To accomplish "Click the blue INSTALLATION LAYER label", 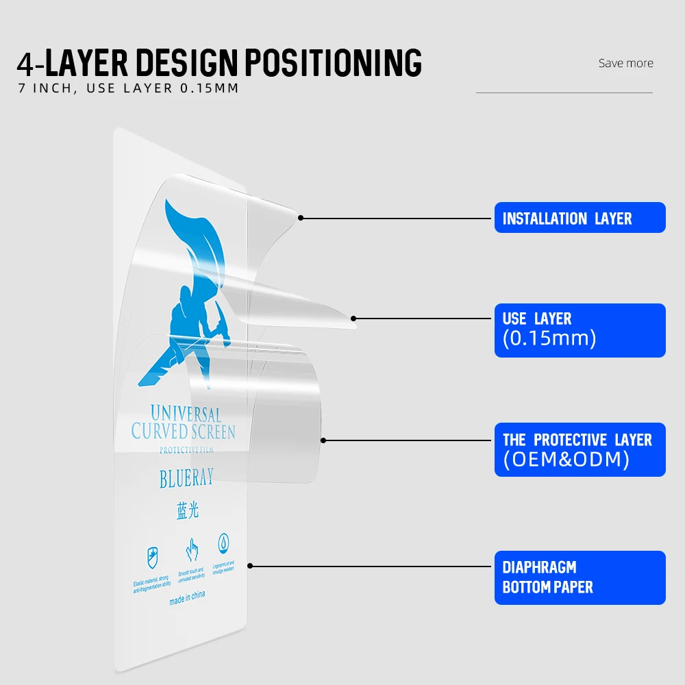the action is pyautogui.click(x=580, y=218).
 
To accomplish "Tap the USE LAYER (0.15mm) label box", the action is pyautogui.click(x=580, y=330).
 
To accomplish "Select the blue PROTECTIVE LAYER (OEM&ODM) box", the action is pyautogui.click(x=580, y=449).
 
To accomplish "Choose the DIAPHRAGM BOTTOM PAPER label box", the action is pyautogui.click(x=580, y=577).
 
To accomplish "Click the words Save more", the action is pyautogui.click(x=625, y=63).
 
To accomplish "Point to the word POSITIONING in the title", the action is pyautogui.click(x=333, y=63).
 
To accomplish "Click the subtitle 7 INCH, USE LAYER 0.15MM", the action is pyautogui.click(x=128, y=88).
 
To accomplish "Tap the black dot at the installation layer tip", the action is pyautogui.click(x=301, y=218).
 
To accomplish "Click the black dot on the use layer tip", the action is pyautogui.click(x=353, y=319).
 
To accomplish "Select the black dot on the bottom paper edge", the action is pyautogui.click(x=250, y=566).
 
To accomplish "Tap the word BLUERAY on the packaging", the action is pyautogui.click(x=186, y=478).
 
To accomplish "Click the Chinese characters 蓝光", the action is pyautogui.click(x=187, y=511).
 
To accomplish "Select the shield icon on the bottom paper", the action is pyautogui.click(x=152, y=557).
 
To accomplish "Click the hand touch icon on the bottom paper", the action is pyautogui.click(x=190, y=550).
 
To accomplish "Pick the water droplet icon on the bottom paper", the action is pyautogui.click(x=224, y=544).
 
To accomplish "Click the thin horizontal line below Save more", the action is pyautogui.click(x=564, y=92).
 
